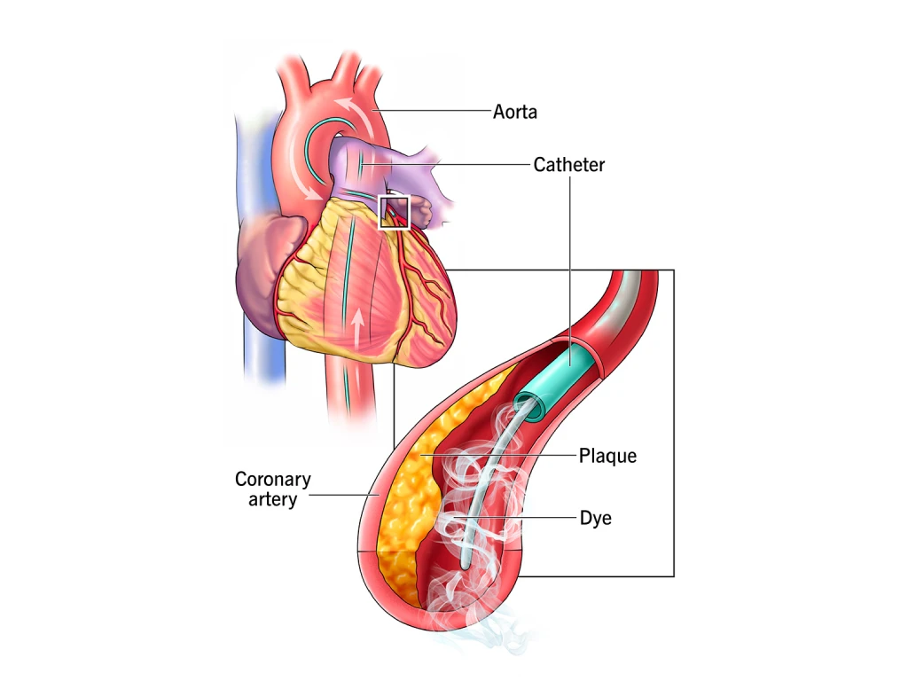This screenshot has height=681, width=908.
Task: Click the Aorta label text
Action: pyautogui.click(x=515, y=113)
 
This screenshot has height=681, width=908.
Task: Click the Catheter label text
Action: pyautogui.click(x=569, y=164)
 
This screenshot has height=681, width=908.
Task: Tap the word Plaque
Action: pyautogui.click(x=608, y=457)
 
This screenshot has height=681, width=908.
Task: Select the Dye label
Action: pyautogui.click(x=596, y=518)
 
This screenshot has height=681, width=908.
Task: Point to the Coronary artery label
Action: pyautogui.click(x=272, y=489)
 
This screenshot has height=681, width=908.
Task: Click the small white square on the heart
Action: pyautogui.click(x=394, y=212)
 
